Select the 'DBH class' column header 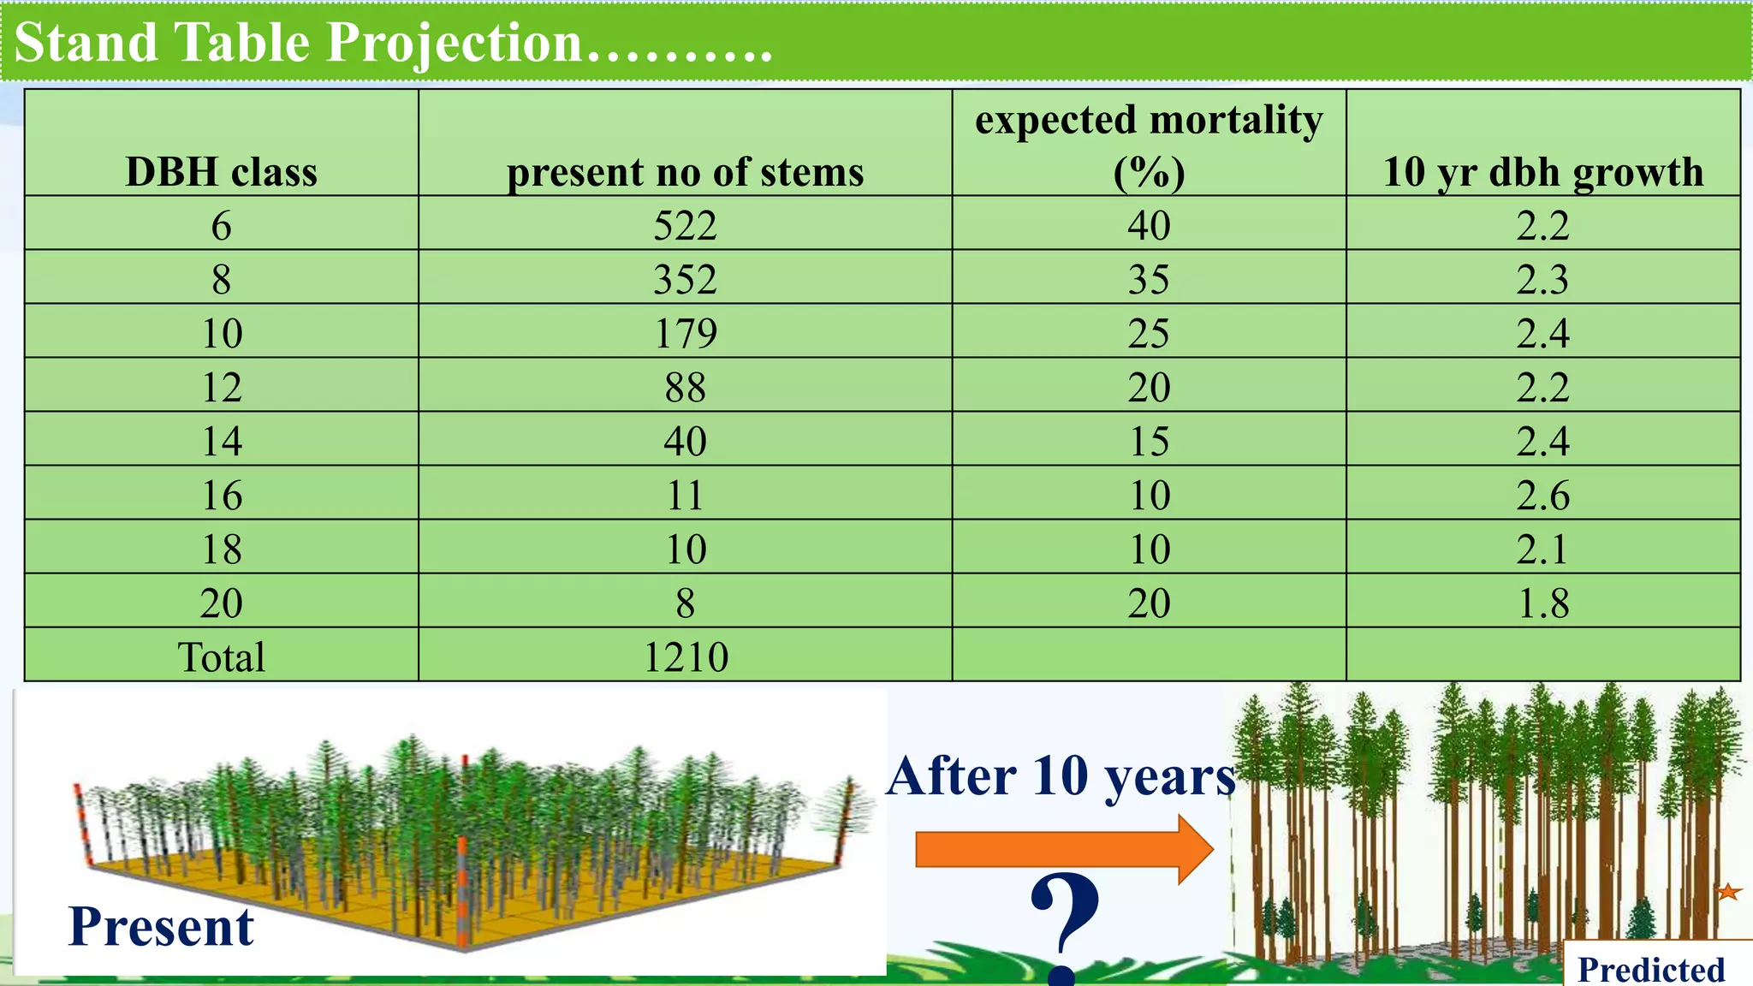tap(221, 172)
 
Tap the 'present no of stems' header tap(685, 172)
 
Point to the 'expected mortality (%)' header tap(1149, 145)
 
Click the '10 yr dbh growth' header tap(1543, 172)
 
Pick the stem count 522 tap(685, 226)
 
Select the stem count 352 tap(685, 280)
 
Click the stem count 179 tap(685, 333)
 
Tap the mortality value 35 tap(1149, 280)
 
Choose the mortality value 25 tap(1149, 333)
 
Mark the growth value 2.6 tap(1543, 496)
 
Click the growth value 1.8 tap(1543, 603)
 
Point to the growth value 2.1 tap(1543, 549)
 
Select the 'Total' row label tap(221, 657)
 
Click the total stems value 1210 tap(685, 657)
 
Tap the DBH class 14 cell tap(221, 442)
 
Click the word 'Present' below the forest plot tap(161, 927)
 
